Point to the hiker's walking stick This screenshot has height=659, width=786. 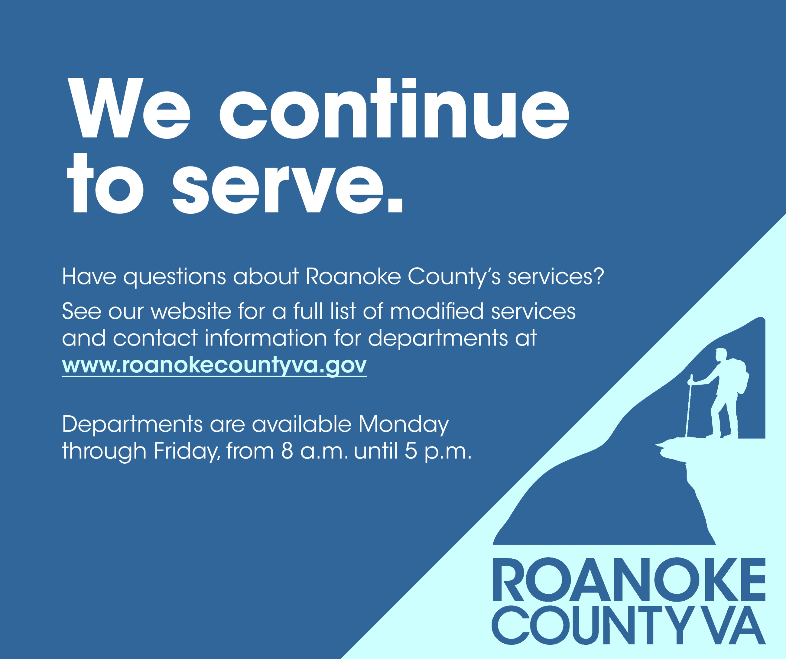click(689, 408)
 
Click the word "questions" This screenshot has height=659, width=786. click(174, 277)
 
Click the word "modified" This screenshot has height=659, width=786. click(437, 311)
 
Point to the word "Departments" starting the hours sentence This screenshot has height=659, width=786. click(132, 425)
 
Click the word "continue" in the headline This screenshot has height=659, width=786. click(394, 109)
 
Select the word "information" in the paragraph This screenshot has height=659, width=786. click(266, 338)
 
